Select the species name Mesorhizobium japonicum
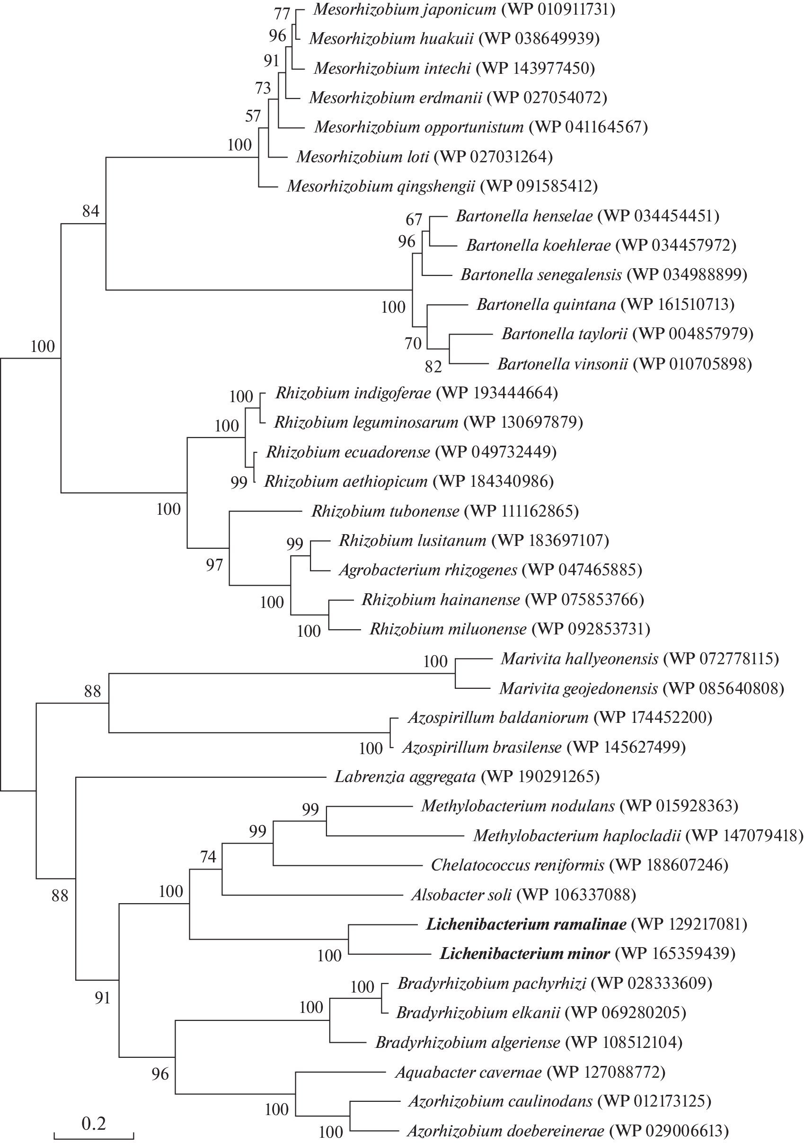[x=405, y=9]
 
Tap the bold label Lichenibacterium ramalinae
[x=526, y=924]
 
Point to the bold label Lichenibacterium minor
[x=525, y=954]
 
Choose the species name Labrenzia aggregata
[x=405, y=777]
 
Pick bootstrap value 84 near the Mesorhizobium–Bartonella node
[x=90, y=211]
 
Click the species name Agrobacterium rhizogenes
[x=428, y=570]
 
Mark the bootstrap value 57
[x=253, y=116]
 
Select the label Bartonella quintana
[x=546, y=304]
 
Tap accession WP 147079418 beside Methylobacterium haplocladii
[x=744, y=836]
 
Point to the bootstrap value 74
[x=208, y=856]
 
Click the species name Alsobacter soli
[x=461, y=895]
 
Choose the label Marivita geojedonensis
[x=578, y=688]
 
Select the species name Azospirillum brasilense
[x=482, y=747]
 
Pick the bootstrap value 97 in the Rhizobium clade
[x=214, y=565]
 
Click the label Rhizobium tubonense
[x=385, y=511]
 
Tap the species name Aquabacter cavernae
[x=468, y=1072]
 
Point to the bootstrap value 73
[x=263, y=88]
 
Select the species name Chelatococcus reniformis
[x=517, y=865]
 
